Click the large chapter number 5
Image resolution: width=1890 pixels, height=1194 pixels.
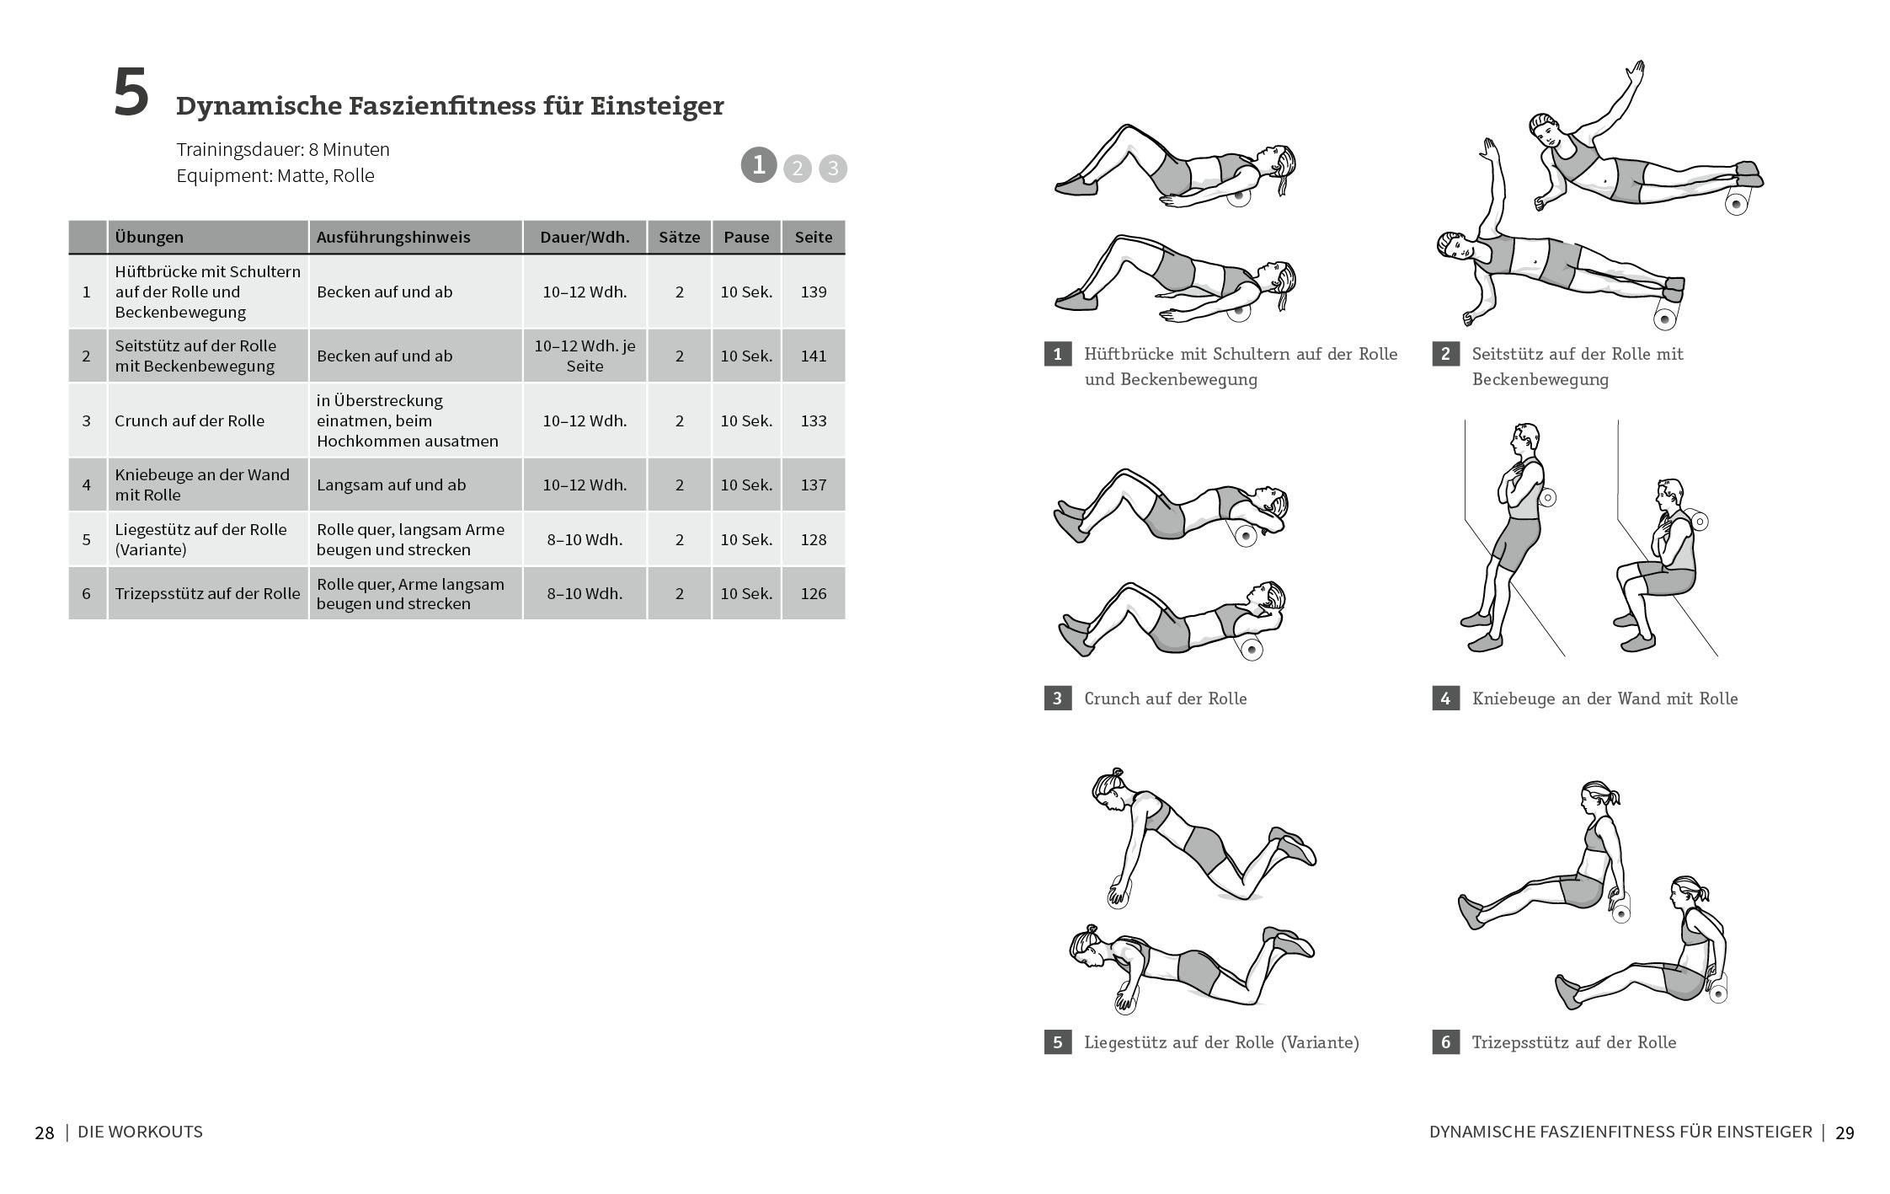131,94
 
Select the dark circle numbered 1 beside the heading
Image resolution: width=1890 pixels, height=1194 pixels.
758,164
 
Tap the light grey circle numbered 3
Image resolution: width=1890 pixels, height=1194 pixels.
832,169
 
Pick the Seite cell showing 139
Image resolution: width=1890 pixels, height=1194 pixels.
813,292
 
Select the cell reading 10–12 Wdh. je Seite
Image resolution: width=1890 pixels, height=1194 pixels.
585,356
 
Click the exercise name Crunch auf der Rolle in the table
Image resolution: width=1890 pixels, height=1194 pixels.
190,420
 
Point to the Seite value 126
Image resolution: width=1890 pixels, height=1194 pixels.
813,593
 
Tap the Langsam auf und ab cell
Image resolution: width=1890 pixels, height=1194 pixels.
391,485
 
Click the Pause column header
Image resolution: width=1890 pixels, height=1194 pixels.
745,237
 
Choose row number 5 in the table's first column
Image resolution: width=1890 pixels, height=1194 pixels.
86,539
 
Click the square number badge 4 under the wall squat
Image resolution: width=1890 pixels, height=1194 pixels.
1445,698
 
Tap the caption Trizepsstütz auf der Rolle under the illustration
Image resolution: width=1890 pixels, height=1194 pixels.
1573,1042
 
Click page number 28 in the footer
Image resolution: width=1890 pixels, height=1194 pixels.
45,1132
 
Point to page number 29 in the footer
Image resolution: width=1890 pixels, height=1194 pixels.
1844,1132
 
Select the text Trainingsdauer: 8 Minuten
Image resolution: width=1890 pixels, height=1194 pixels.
283,149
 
